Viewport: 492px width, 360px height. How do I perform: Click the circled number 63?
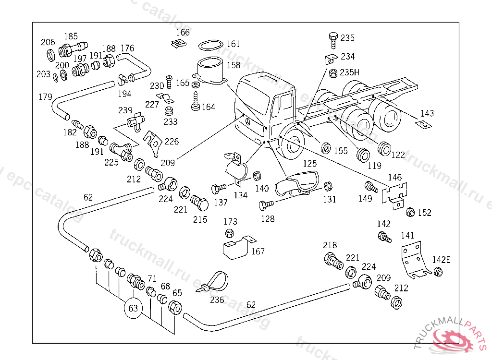click(133, 308)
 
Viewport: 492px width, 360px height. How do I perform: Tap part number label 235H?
click(349, 72)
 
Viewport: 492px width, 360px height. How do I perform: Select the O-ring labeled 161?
click(210, 46)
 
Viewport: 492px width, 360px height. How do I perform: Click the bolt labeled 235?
click(333, 38)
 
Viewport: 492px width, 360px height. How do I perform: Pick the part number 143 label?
click(427, 114)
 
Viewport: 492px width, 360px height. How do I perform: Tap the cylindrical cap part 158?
click(210, 71)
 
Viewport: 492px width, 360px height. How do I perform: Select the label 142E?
click(442, 260)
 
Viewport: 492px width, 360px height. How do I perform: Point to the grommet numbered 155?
click(326, 146)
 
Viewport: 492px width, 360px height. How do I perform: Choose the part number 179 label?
click(45, 97)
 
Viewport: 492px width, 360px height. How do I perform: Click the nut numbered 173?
click(230, 233)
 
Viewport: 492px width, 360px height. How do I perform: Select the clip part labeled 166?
click(178, 44)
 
